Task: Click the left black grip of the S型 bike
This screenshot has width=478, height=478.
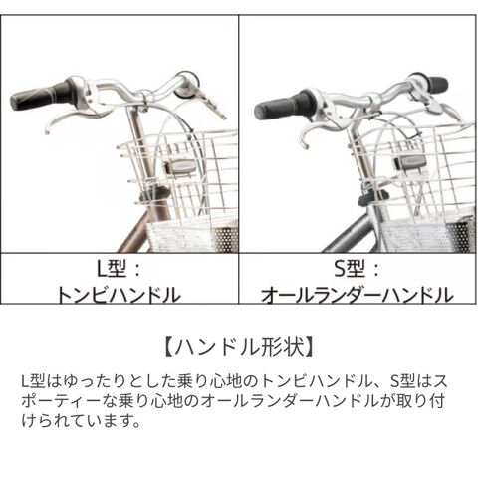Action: pos(282,105)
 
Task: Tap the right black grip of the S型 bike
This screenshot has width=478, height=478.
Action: pos(437,84)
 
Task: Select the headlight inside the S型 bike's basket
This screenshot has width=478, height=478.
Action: pos(410,162)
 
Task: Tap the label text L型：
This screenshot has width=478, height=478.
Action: pos(119,269)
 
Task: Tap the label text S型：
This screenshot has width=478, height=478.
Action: pos(357,269)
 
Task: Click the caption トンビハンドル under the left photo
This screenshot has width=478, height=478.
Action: pos(119,295)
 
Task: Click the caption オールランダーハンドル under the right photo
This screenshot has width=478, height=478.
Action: pos(358,295)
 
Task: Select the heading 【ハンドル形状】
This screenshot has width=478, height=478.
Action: pos(239,347)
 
